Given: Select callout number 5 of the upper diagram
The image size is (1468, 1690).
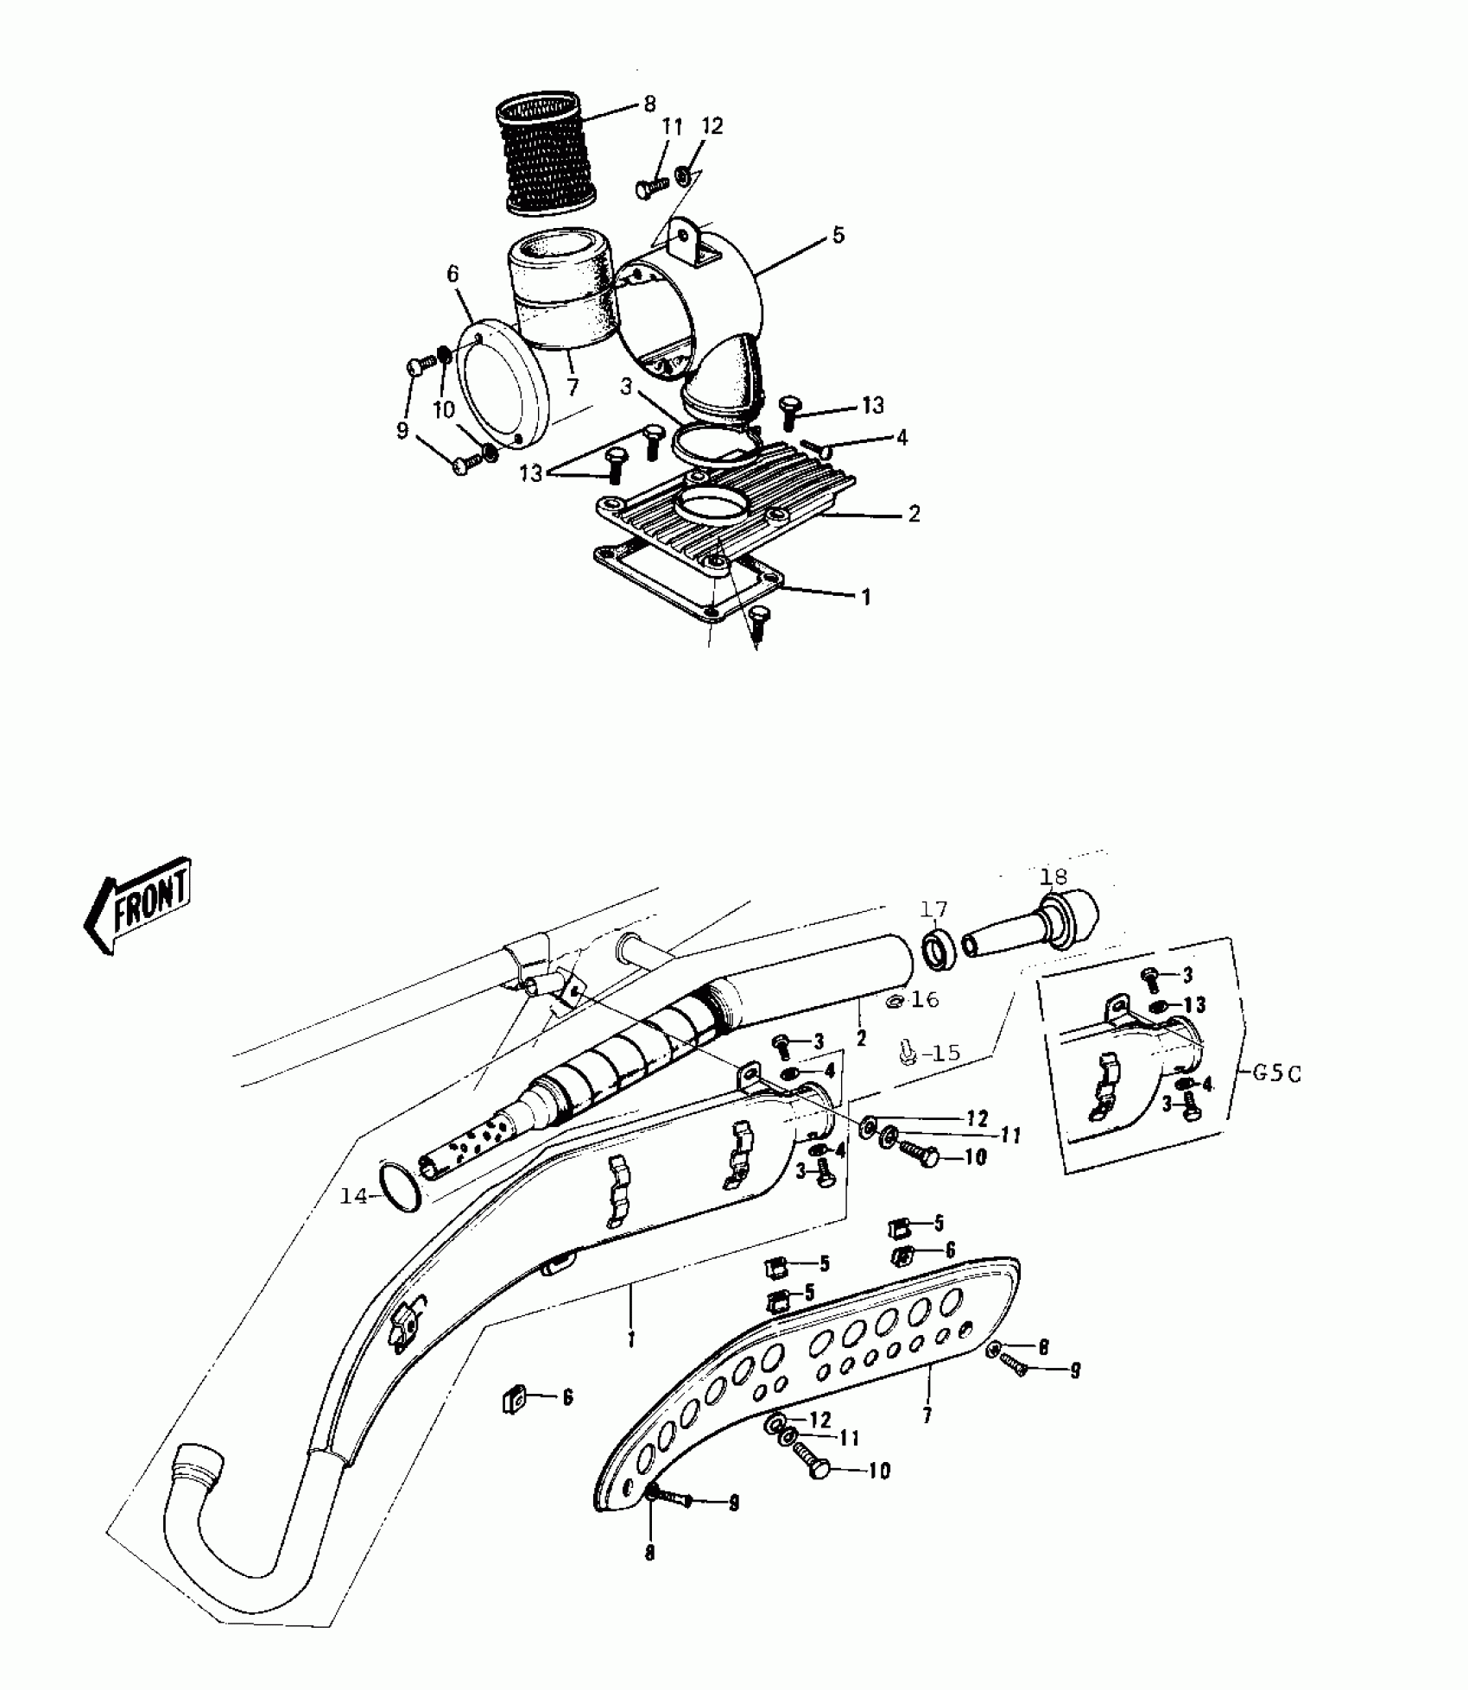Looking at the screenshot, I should coord(838,236).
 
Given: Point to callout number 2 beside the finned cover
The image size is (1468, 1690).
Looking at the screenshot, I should coord(914,514).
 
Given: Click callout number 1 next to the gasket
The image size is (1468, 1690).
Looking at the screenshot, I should coord(866,597).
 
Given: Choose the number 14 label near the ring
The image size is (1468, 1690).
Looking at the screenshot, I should coord(353,1197).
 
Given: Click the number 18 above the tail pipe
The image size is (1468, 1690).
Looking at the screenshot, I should coord(1054,877).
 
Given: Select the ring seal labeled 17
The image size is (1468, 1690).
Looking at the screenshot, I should coord(937,949).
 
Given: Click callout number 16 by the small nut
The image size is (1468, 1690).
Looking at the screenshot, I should coord(924,1000).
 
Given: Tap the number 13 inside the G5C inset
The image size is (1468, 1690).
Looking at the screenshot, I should coord(1194,1005).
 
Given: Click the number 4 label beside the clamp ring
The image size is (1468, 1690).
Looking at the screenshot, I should coord(902,438).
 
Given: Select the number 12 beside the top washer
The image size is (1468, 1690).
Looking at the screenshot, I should coord(712,126).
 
